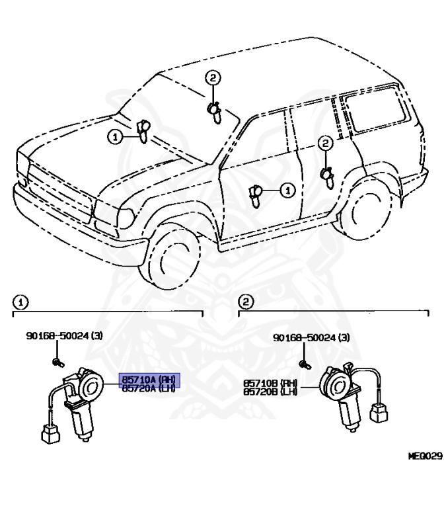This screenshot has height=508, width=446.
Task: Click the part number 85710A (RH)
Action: (149, 380)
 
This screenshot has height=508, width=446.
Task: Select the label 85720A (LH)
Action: (149, 389)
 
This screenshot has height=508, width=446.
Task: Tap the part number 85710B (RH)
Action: (270, 383)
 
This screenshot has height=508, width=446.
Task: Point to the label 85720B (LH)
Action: (270, 392)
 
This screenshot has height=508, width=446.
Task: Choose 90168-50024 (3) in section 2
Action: (312, 338)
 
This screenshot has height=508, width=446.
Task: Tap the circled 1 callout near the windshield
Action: (115, 137)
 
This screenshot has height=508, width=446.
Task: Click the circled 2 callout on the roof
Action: (211, 79)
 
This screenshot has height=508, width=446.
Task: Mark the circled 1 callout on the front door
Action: (286, 190)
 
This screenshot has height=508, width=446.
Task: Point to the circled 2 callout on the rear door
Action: (324, 142)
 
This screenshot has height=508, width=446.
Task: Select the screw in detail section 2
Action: (304, 364)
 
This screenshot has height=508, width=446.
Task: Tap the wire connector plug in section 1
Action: (49, 434)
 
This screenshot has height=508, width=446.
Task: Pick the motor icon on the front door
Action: (256, 193)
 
